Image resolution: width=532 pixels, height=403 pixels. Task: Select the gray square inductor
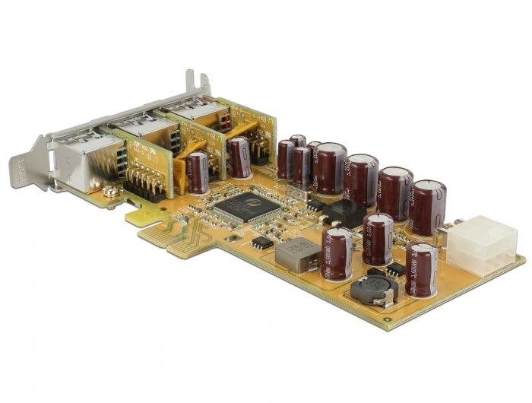[x=297, y=254]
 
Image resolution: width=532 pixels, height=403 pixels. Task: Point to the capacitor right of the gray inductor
[x=337, y=252]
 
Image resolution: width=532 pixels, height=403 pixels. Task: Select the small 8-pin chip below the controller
[x=261, y=243]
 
